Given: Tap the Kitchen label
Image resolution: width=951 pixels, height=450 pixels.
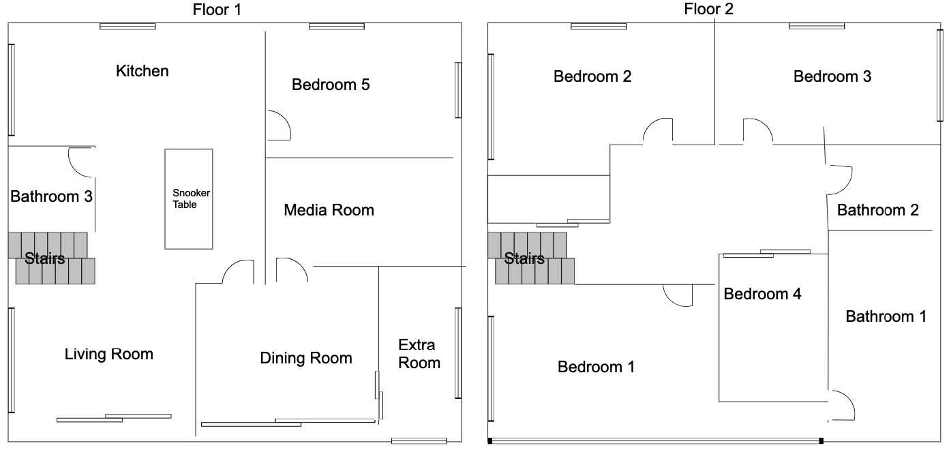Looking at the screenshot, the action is (142, 71).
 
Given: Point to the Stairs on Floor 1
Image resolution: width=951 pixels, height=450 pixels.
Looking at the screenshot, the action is (51, 258).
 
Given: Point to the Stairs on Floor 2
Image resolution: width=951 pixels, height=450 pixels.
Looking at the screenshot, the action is (530, 258).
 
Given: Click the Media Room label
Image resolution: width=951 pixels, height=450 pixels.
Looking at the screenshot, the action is (329, 210).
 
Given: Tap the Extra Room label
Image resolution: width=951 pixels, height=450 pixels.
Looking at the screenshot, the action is (419, 354).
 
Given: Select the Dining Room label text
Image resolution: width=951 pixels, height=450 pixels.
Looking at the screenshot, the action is (306, 358).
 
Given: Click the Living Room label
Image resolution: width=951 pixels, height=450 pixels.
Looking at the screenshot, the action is (108, 354).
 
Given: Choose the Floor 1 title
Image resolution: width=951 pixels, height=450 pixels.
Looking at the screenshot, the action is (217, 10).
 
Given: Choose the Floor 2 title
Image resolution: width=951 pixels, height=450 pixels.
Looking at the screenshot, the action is (708, 9).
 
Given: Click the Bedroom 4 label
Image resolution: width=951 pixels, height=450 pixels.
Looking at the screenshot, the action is (762, 294).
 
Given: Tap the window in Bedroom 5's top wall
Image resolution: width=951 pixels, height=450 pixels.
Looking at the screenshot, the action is (337, 27).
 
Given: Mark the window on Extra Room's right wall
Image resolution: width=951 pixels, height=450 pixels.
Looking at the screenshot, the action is (458, 353).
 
